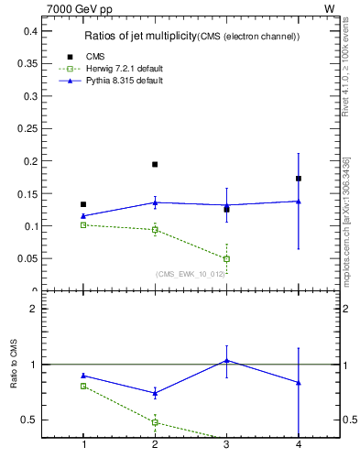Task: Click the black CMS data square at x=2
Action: (x=155, y=164)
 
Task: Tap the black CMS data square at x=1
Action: (x=83, y=204)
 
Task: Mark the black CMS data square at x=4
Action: (x=299, y=179)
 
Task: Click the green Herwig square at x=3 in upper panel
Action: (x=226, y=259)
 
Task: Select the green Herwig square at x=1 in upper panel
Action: (x=83, y=224)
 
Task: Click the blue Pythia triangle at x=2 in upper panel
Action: (x=155, y=202)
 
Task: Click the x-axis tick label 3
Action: (x=226, y=445)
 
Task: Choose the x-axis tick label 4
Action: (x=299, y=445)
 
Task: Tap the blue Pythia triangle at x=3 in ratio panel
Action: (x=226, y=360)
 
